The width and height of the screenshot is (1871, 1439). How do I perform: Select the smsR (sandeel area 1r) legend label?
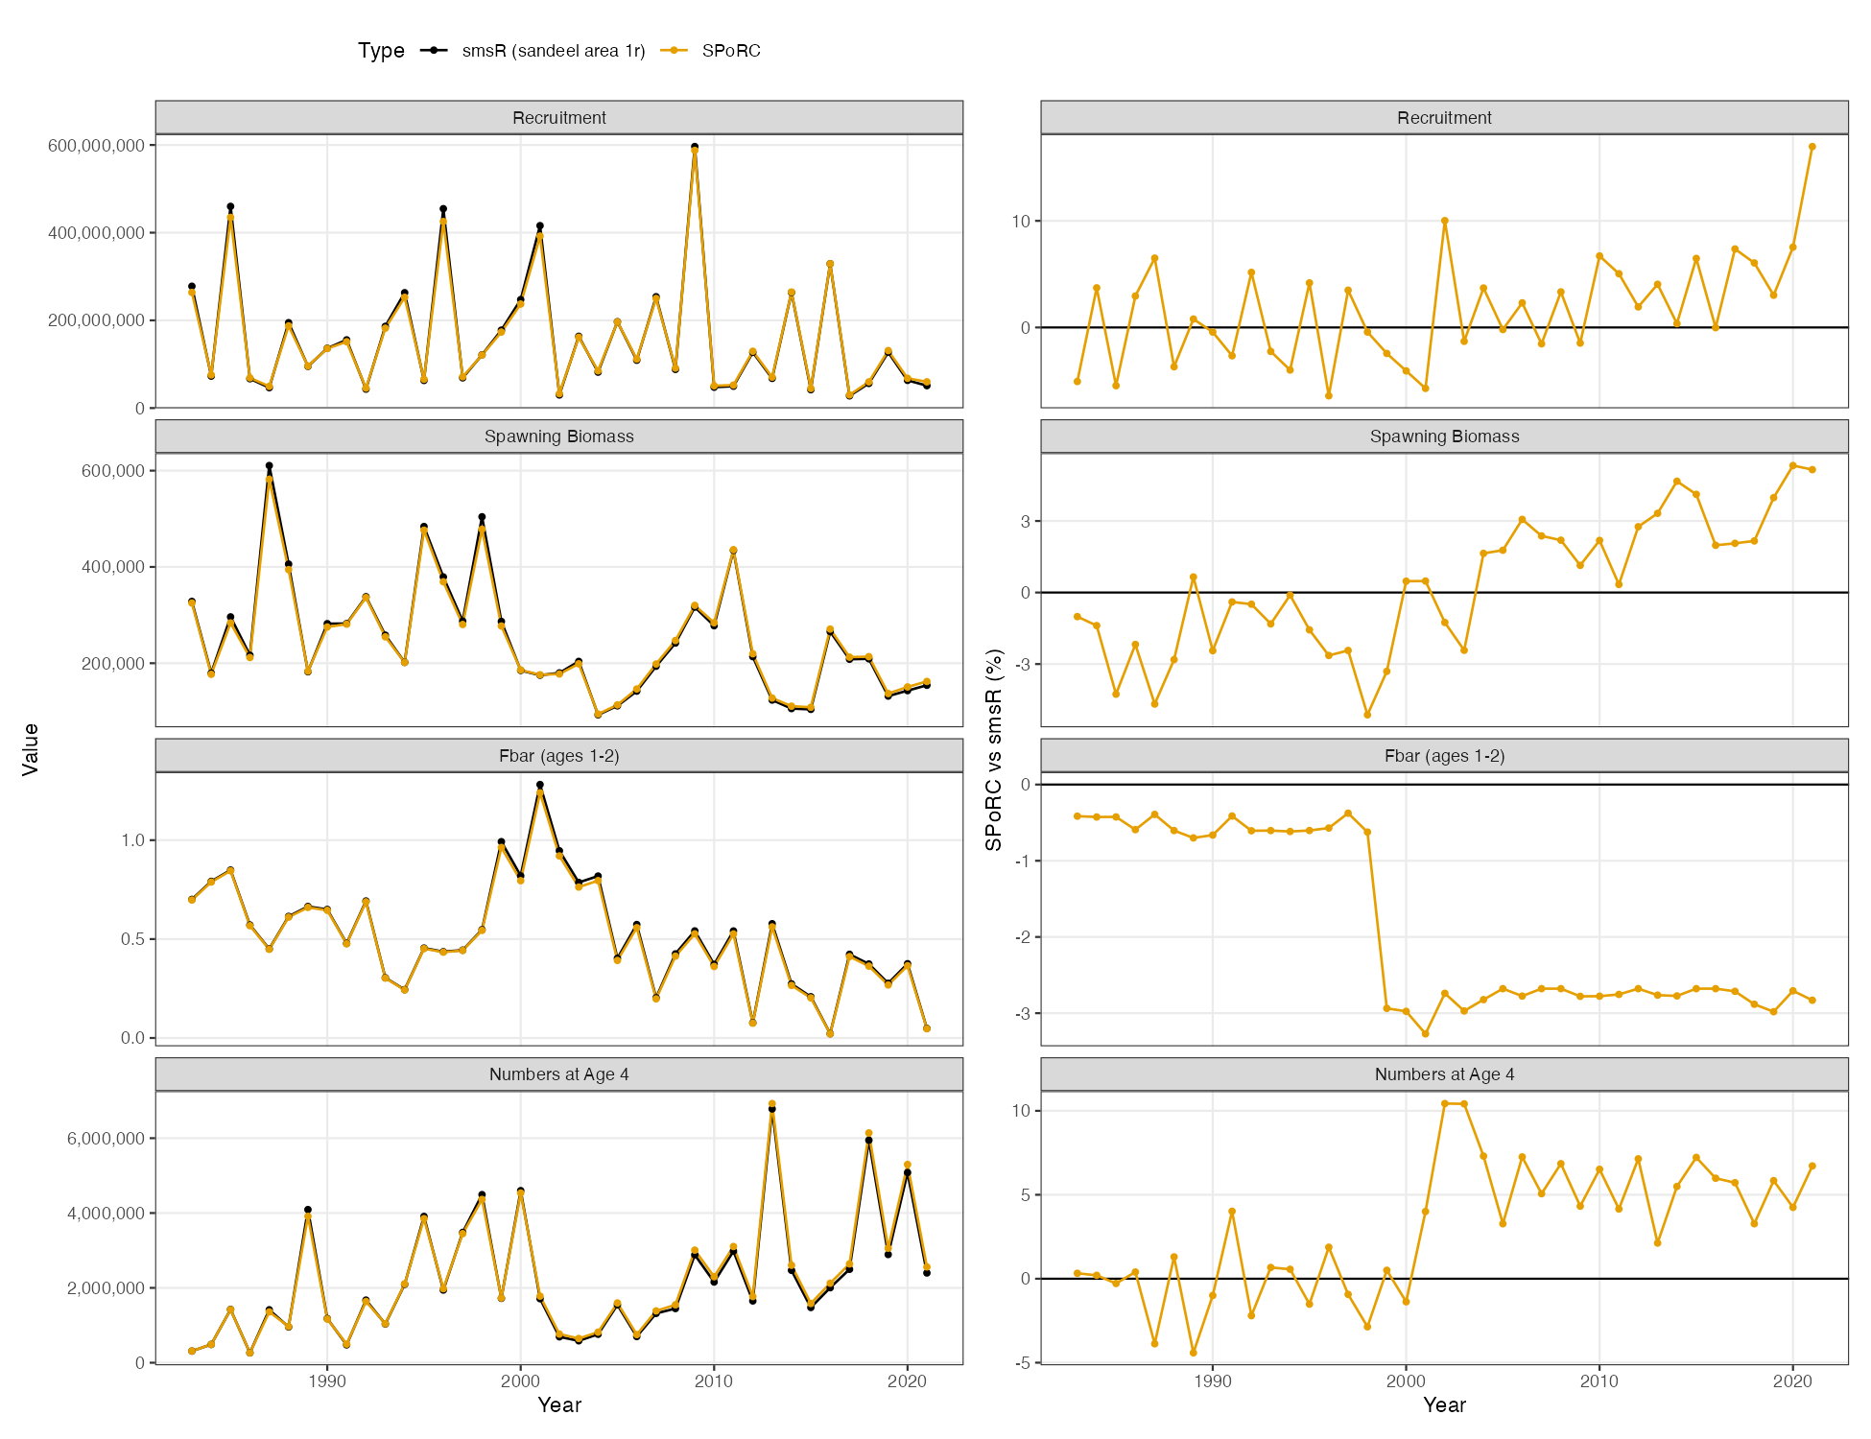coord(554,51)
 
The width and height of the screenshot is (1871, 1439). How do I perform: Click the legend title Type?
coord(381,51)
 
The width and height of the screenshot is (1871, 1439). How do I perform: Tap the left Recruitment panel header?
coord(559,117)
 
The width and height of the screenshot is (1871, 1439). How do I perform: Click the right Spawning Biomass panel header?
coord(1444,436)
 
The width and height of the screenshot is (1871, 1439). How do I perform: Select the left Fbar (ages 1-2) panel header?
coord(559,756)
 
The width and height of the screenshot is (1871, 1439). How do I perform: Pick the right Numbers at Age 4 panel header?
coord(1444,1074)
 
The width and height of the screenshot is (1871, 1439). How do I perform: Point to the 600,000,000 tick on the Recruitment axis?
coord(96,145)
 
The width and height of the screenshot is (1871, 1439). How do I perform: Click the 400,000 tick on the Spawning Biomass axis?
coord(113,567)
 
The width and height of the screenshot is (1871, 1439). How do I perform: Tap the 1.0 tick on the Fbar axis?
coord(133,840)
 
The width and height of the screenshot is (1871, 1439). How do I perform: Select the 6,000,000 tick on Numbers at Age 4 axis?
coord(106,1139)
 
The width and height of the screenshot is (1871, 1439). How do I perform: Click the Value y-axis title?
coord(31,749)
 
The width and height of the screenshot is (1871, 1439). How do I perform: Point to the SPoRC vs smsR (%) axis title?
coord(994,749)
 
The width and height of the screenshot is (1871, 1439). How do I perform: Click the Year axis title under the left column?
coord(559,1405)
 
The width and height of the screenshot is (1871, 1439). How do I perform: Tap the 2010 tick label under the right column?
coord(1599,1381)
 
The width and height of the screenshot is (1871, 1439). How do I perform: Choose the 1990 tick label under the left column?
coord(327,1381)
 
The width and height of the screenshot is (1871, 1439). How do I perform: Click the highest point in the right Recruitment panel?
coord(1812,147)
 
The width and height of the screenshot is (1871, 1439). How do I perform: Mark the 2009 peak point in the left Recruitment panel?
coord(695,148)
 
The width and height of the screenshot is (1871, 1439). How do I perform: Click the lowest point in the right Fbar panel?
coord(1425,1033)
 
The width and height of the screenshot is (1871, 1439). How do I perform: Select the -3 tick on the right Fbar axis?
coord(1025,1013)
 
